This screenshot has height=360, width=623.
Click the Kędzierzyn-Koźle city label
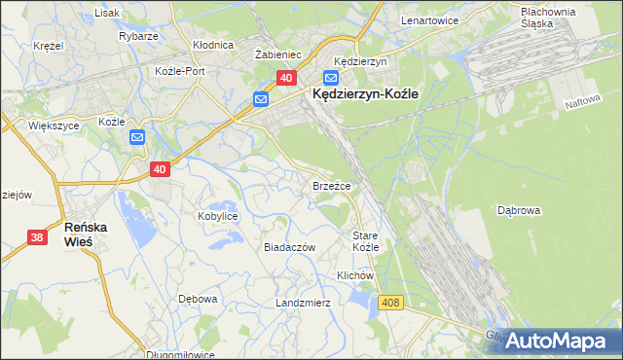coord(364,94)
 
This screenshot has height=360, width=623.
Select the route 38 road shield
coord(37,236)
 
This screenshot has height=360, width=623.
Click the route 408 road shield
coord(391,304)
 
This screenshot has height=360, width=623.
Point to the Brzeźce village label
coord(331,184)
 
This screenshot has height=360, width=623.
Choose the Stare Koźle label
coord(365,241)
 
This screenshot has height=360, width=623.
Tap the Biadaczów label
coord(290,247)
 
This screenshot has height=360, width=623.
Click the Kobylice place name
coord(218,216)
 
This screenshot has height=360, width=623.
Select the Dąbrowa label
coord(518,209)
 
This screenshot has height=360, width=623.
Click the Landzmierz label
coord(303,303)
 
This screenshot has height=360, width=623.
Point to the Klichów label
coord(355,275)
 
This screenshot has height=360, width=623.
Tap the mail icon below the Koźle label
coord(137,138)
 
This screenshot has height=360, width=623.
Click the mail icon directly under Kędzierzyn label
coord(331,77)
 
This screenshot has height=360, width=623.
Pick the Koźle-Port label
coord(180,71)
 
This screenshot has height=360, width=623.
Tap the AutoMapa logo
coord(558,340)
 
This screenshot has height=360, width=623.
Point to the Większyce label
coord(26,126)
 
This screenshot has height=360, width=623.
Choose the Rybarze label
coord(138,35)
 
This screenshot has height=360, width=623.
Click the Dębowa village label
coord(197,298)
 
